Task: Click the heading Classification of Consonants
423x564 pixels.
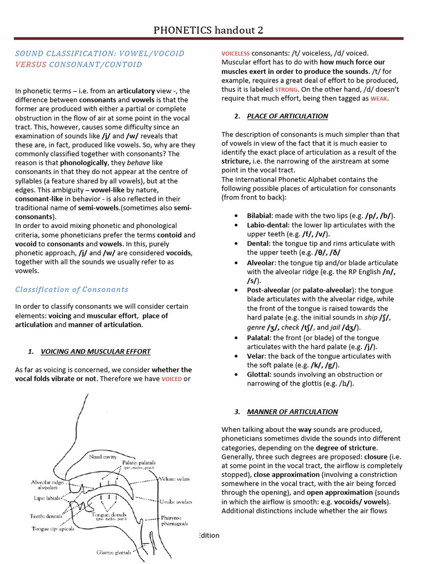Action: pyautogui.click(x=72, y=289)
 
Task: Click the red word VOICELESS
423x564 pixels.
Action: pyautogui.click(x=235, y=53)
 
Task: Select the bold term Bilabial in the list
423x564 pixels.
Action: pyautogui.click(x=259, y=216)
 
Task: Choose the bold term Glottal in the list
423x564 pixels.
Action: pyautogui.click(x=259, y=375)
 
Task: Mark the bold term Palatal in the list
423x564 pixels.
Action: pyautogui.click(x=259, y=338)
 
